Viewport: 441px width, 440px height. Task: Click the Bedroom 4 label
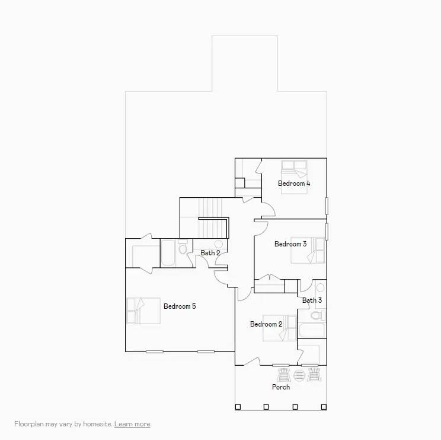tap(294, 183)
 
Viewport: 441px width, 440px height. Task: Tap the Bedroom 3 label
tap(290, 244)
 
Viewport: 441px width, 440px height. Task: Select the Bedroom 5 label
tap(180, 306)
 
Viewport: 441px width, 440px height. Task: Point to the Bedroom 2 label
tap(266, 324)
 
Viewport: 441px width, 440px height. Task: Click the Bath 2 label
tap(210, 253)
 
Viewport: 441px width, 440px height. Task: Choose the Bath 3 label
tap(312, 300)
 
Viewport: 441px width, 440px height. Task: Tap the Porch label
tap(281, 387)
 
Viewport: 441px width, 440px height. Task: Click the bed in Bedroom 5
tap(143, 311)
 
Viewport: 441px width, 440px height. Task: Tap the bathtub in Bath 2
tap(169, 254)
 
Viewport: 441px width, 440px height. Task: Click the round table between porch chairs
tap(299, 375)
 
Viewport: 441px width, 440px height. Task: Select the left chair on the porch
tap(284, 375)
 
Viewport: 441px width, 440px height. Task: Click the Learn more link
tap(132, 424)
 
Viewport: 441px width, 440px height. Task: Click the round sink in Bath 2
tap(218, 244)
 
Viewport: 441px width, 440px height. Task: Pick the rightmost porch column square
tap(323, 407)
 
